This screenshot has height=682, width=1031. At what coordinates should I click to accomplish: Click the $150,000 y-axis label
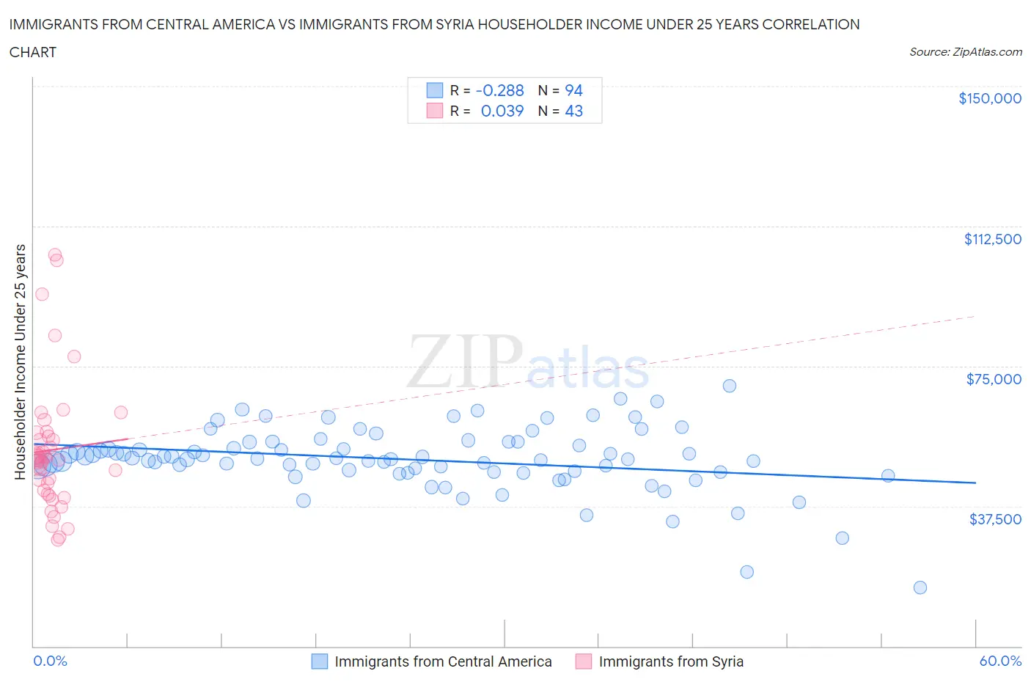pyautogui.click(x=989, y=98)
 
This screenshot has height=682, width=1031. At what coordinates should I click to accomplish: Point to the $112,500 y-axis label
pyautogui.click(x=992, y=239)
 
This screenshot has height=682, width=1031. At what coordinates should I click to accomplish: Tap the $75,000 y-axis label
pyautogui.click(x=994, y=379)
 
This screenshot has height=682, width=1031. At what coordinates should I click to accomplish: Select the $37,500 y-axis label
pyautogui.click(x=994, y=519)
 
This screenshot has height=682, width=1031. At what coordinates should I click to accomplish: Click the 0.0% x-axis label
pyautogui.click(x=50, y=661)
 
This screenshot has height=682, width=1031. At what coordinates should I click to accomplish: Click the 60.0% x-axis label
pyautogui.click(x=1000, y=661)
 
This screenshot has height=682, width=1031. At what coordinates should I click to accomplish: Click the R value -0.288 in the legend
pyautogui.click(x=499, y=90)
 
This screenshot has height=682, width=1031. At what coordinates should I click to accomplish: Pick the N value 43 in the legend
pyautogui.click(x=573, y=111)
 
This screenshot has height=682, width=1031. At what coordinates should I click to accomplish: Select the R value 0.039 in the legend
pyautogui.click(x=502, y=111)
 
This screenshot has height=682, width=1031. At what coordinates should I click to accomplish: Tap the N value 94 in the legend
pyautogui.click(x=573, y=90)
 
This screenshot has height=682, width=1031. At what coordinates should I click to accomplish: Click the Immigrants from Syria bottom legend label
pyautogui.click(x=670, y=661)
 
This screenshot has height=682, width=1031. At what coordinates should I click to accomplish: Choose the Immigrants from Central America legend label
pyautogui.click(x=443, y=661)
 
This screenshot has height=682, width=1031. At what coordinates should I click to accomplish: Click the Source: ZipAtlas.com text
pyautogui.click(x=965, y=52)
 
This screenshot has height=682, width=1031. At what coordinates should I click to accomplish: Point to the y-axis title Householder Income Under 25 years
pyautogui.click(x=20, y=362)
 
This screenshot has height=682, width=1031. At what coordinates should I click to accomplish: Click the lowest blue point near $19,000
pyautogui.click(x=920, y=587)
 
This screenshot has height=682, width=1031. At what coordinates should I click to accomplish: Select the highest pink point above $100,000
pyautogui.click(x=54, y=254)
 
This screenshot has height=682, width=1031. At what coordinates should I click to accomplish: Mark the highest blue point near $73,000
pyautogui.click(x=729, y=386)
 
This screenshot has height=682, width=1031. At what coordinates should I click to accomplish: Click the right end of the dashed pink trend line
pyautogui.click(x=975, y=316)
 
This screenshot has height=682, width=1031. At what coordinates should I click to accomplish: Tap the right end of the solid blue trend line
pyautogui.click(x=975, y=483)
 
